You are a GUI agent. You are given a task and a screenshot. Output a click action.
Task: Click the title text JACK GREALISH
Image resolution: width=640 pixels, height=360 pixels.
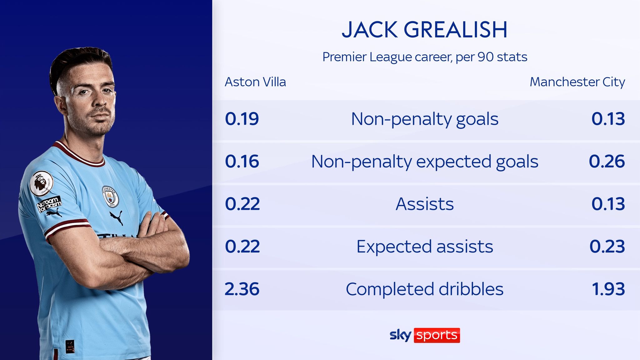[424, 30]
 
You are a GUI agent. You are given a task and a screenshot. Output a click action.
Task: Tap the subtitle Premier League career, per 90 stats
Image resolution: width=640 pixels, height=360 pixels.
[425, 57]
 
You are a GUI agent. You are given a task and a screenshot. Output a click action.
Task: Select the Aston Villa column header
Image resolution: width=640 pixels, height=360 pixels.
[255, 82]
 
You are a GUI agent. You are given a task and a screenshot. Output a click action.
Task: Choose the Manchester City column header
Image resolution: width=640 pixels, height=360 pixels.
[577, 82]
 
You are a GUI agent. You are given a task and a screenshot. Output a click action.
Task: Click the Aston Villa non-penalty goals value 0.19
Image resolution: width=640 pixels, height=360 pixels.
[242, 119]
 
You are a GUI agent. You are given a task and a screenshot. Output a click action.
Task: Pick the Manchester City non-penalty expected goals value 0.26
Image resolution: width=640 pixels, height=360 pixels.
[607, 161]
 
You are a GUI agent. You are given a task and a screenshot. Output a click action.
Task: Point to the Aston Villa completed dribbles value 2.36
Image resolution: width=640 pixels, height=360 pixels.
[242, 289]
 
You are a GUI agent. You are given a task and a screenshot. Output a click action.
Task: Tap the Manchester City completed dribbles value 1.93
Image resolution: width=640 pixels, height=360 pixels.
[608, 289]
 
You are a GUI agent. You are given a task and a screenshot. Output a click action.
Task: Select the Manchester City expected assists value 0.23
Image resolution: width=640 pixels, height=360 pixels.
[607, 246]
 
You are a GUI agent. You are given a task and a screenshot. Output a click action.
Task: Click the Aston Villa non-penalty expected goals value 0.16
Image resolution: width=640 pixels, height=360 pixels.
[242, 161]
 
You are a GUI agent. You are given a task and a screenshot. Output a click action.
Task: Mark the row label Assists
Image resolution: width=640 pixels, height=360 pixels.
[424, 204]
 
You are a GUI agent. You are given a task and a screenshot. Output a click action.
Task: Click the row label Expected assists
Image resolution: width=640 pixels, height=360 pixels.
[424, 247]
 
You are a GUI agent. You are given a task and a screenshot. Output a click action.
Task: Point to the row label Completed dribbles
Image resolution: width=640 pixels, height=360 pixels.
[424, 289]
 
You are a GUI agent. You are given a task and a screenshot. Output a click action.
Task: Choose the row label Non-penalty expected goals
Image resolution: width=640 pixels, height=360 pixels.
[424, 162]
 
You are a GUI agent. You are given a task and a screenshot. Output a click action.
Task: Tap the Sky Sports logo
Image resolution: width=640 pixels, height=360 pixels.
[425, 335]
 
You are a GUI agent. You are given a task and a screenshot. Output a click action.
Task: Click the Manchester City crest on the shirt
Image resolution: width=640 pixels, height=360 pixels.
[110, 196]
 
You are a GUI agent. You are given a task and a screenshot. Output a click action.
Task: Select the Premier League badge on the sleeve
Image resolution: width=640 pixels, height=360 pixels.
[41, 183]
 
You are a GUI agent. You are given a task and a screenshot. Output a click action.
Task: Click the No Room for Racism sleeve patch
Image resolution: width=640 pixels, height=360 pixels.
[49, 204]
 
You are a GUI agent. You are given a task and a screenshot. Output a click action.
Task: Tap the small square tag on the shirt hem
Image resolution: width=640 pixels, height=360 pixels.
[70, 347]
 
